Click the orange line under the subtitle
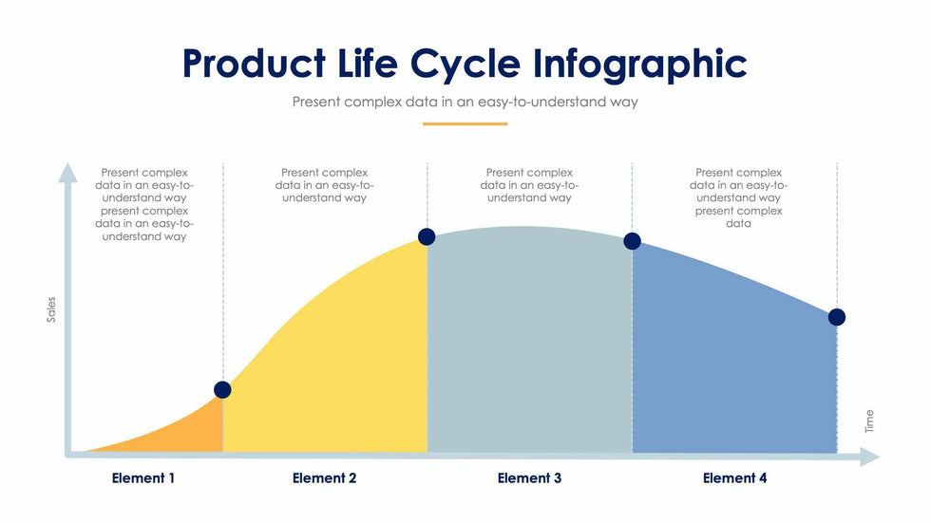[465, 123]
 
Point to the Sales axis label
[52, 309]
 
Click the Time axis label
[868, 421]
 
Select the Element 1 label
[143, 478]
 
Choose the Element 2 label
[325, 478]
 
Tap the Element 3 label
[529, 478]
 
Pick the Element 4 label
[734, 478]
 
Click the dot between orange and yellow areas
[222, 390]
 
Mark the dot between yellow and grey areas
[427, 237]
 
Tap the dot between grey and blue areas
[632, 241]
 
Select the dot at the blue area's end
[837, 317]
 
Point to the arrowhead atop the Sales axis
[67, 172]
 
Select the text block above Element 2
[325, 185]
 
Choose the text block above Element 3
[529, 185]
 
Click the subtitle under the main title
[465, 102]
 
